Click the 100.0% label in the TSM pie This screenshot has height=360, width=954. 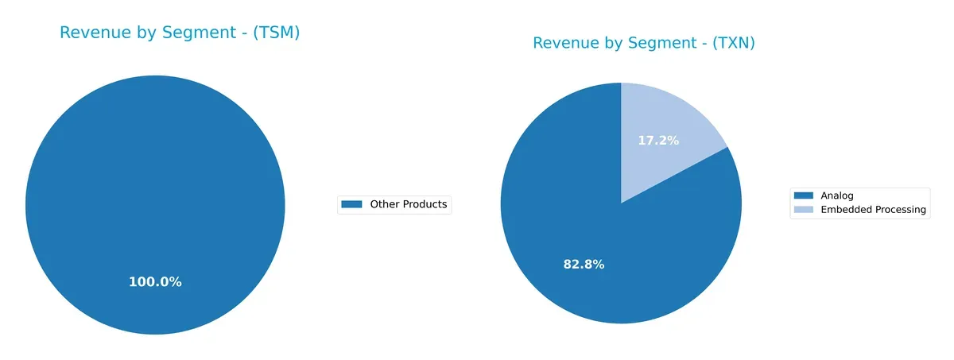pos(155,282)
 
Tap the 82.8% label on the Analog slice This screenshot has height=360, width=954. pos(584,265)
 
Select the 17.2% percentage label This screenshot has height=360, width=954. pos(658,141)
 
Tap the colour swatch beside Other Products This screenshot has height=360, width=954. pos(351,204)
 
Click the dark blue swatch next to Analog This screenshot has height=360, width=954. pos(804,195)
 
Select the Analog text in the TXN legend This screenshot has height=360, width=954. pos(836,195)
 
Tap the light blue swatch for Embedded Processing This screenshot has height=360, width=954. pos(804,210)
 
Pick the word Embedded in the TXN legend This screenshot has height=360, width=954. pos(845,210)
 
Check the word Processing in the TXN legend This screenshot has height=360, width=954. pos(900,210)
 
